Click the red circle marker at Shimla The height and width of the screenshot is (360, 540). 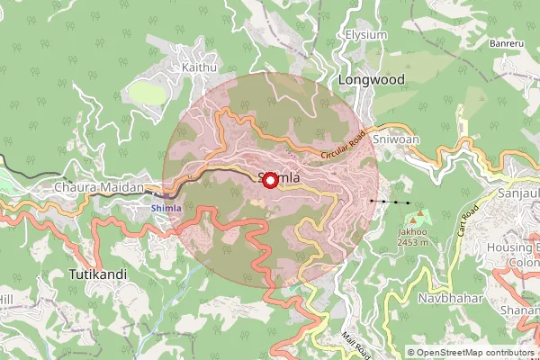coord(270,180)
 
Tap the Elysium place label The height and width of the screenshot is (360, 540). coord(365,35)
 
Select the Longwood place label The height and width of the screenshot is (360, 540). coord(371,80)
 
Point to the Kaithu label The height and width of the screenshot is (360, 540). coord(199,67)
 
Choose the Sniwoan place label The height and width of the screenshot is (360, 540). coord(396,140)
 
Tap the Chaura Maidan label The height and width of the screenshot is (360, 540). coord(99,187)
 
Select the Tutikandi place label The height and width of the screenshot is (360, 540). coord(97,272)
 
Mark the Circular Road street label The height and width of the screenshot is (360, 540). coord(344,150)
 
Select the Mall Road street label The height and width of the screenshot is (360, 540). coord(356,342)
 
